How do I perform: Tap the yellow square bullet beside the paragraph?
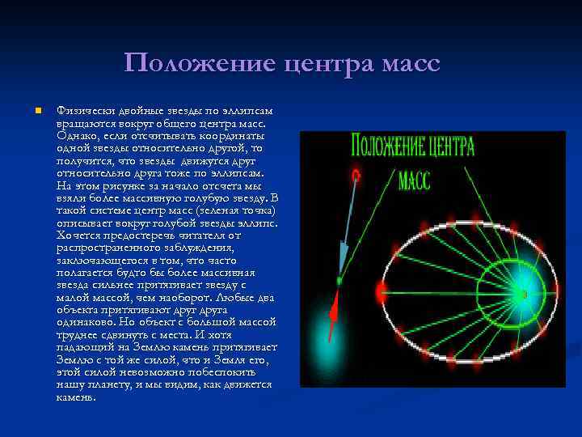(x=28, y=110)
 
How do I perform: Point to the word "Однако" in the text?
(x=78, y=136)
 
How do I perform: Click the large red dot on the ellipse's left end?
(x=382, y=290)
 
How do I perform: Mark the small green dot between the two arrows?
(x=339, y=282)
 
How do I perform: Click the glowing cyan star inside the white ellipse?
(x=525, y=292)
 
